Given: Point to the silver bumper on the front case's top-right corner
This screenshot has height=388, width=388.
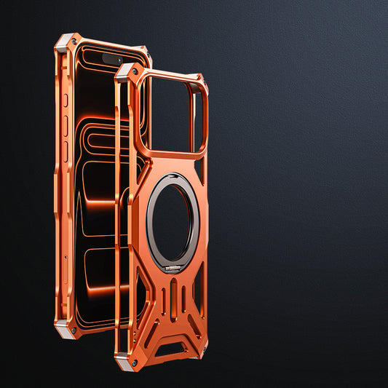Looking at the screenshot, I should coord(199,80).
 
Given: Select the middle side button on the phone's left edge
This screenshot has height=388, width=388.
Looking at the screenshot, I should coord(64,127).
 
